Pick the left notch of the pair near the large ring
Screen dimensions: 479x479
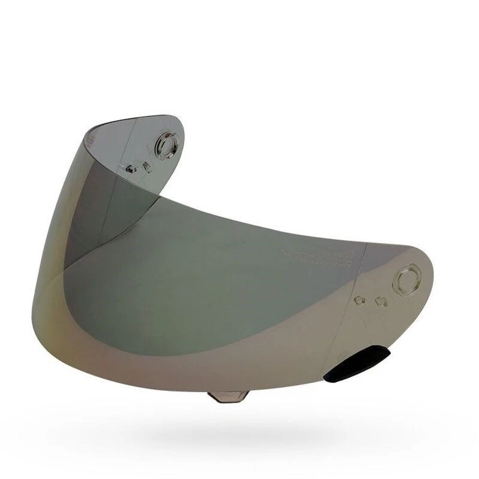coord(360,299)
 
